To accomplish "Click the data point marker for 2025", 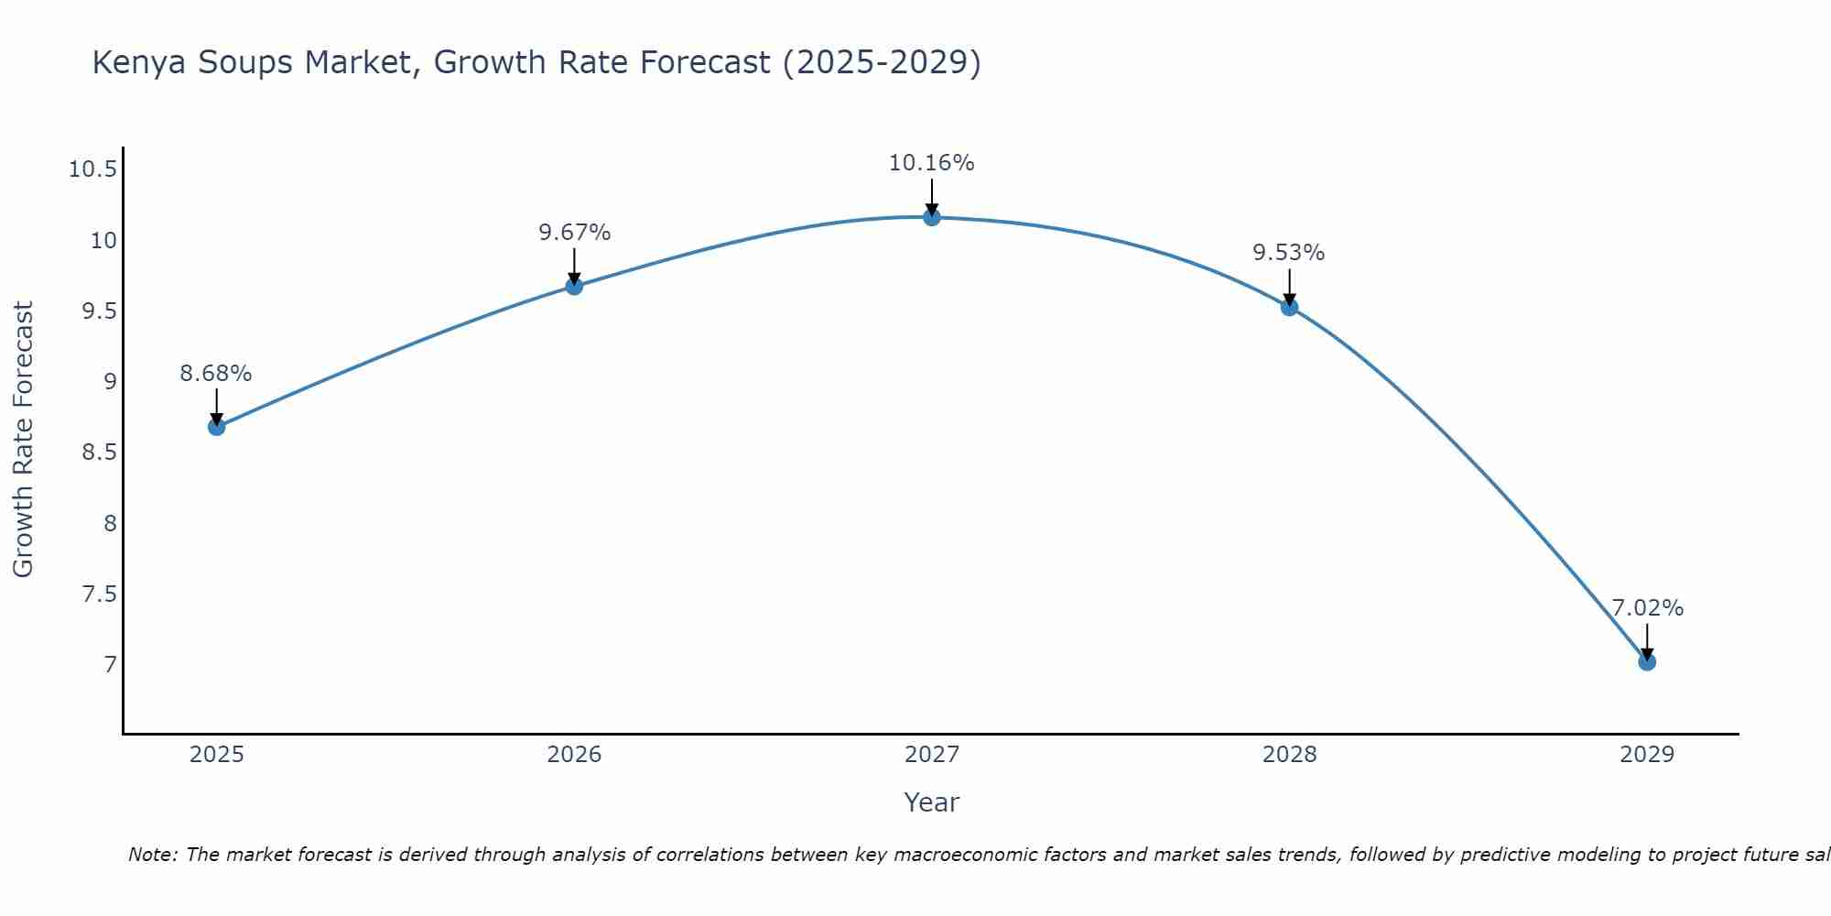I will tap(216, 427).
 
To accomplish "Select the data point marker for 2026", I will tap(574, 286).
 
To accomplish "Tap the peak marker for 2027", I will tap(932, 217).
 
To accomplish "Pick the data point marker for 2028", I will tap(1289, 307).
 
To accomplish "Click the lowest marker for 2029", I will tap(1647, 661).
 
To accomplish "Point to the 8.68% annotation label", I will tap(216, 374).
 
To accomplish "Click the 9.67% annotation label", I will tap(574, 233).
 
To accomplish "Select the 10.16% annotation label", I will tap(932, 163).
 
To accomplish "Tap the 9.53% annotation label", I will tap(1289, 253).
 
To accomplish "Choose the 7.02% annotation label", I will tap(1647, 608).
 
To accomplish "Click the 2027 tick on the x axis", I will tap(932, 755).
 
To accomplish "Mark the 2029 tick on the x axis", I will tap(1647, 755).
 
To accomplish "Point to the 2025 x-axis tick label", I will tap(216, 755).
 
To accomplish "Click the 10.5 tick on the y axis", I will tap(93, 169).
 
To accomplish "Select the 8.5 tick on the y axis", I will tap(100, 453).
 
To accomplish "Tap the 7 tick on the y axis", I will tap(111, 664).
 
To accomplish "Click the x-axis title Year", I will tap(932, 802).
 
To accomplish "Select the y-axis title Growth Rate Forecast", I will tap(23, 440).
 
